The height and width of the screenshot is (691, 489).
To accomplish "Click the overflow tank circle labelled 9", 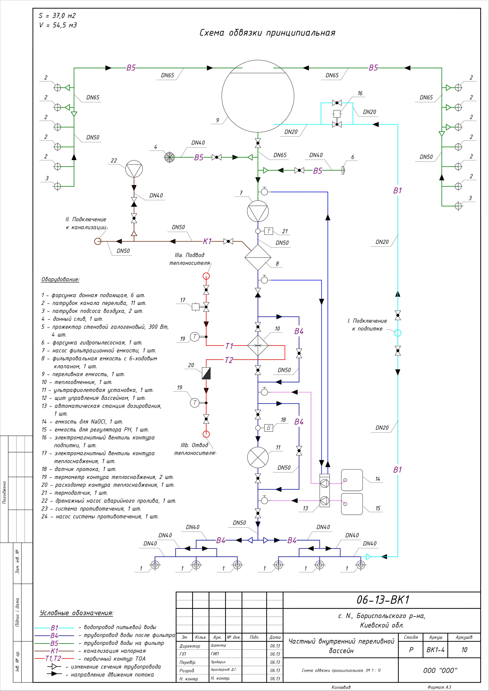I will pos(258,96).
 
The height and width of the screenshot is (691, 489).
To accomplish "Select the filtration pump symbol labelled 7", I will pos(258,211).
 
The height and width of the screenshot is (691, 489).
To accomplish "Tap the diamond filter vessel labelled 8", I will pos(258,257).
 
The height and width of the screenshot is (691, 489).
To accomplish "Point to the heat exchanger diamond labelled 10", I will pos(258,346).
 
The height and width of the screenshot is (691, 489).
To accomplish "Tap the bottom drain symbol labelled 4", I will pos(170,157).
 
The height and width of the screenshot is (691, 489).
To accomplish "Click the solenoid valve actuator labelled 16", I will pos(337,114).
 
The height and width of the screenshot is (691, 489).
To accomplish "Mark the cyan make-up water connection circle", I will pos(398,333).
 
